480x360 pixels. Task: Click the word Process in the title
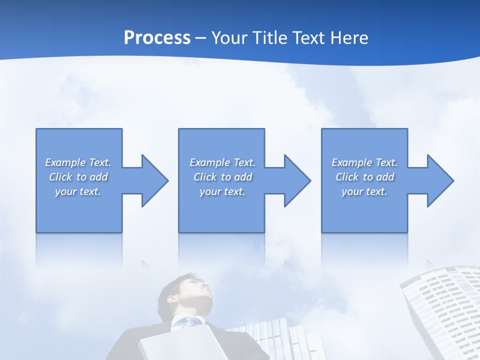tap(157, 38)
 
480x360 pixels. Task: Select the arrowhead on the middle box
tap(296, 180)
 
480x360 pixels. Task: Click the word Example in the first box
tap(65, 162)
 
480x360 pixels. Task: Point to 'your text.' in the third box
tap(364, 191)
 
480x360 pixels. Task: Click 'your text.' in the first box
tap(78, 191)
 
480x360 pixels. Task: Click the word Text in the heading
tap(305, 38)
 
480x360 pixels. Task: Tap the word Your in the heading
tap(230, 38)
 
